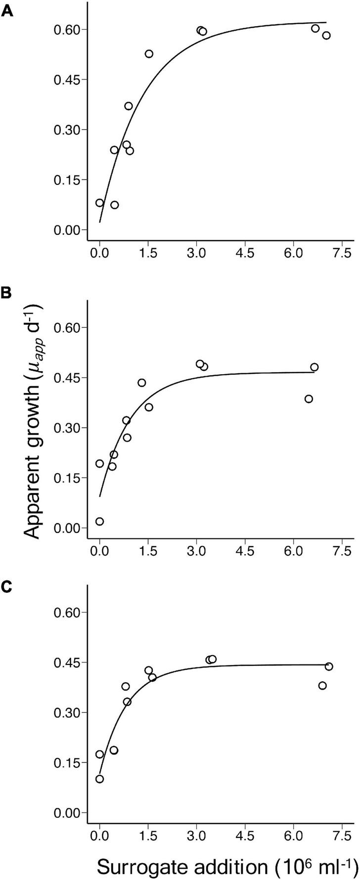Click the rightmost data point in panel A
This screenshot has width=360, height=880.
(326, 35)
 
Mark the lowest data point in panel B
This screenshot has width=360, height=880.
(99, 521)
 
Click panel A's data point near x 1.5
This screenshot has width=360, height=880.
(149, 53)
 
